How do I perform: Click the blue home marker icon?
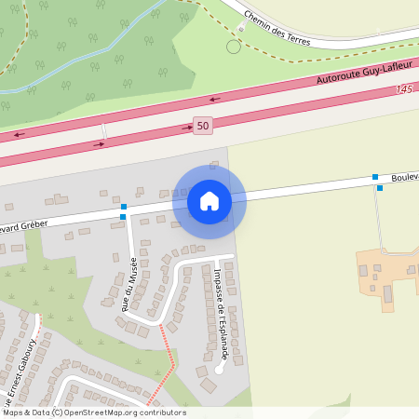tap(209, 200)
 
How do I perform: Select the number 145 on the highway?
tap(402, 89)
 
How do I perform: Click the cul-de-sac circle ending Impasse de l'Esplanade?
tap(220, 370)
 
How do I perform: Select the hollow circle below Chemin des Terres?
tap(233, 47)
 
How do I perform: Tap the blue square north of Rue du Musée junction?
tap(124, 206)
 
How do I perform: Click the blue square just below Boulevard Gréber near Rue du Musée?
tap(123, 217)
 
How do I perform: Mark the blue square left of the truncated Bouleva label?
tap(375, 177)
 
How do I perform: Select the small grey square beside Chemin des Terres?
tap(240, 29)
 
